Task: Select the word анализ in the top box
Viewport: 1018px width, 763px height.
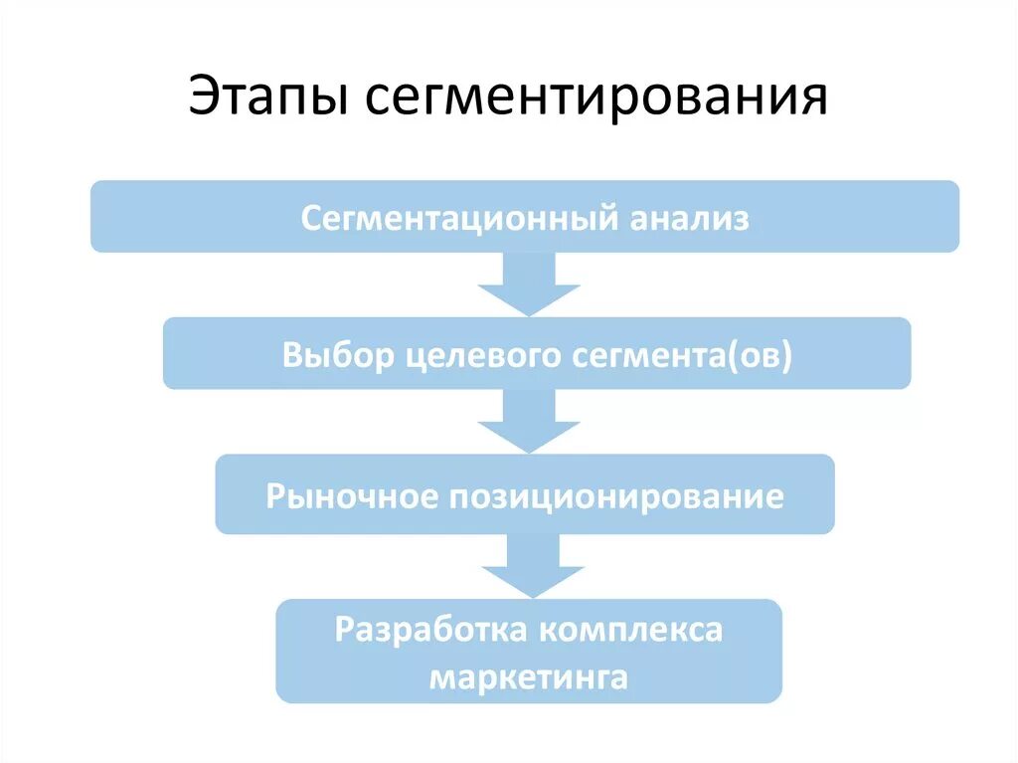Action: pyautogui.click(x=690, y=217)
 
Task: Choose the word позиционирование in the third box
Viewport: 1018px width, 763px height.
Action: pyautogui.click(x=616, y=495)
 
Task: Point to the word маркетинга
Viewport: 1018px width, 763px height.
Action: pyautogui.click(x=528, y=677)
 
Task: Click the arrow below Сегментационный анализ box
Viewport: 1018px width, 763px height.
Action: pyautogui.click(x=528, y=286)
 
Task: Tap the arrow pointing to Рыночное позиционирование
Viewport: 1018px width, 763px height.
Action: pyautogui.click(x=528, y=422)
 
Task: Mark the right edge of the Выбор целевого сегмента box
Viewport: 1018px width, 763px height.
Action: pyautogui.click(x=908, y=353)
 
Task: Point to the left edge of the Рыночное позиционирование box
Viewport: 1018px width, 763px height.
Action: pyautogui.click(x=219, y=494)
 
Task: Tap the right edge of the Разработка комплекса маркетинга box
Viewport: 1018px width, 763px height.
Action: pyautogui.click(x=779, y=651)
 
